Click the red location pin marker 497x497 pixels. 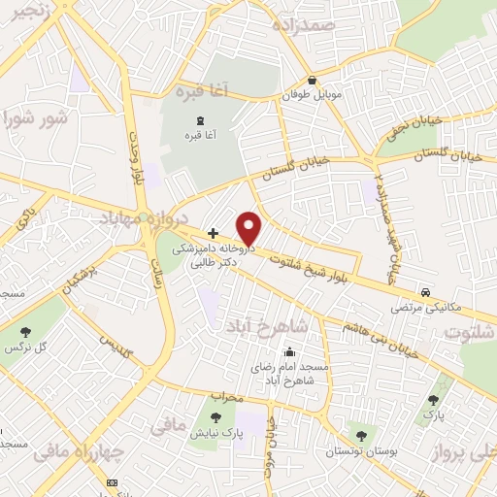249,229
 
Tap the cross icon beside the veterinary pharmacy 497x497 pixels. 213,233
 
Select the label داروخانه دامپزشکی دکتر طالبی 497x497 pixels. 213,255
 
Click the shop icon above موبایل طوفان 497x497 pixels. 312,81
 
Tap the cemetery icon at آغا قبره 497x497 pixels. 199,118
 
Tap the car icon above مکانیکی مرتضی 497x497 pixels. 425,291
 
